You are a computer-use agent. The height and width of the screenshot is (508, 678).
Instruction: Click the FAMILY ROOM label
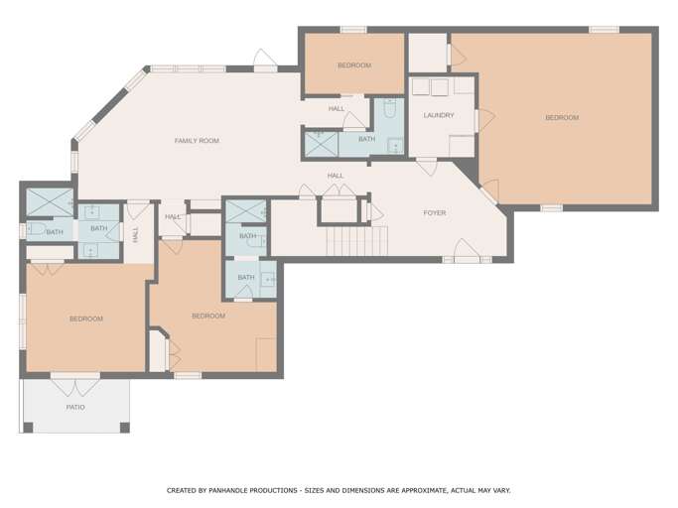click(x=197, y=141)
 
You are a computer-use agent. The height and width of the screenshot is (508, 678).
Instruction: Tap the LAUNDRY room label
click(x=439, y=115)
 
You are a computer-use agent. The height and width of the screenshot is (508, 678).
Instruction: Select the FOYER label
click(x=435, y=212)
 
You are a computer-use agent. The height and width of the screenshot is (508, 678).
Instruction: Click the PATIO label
click(x=75, y=407)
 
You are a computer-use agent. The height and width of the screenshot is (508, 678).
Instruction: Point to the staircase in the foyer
click(x=356, y=241)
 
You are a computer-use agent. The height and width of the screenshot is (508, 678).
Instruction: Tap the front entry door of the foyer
click(x=467, y=251)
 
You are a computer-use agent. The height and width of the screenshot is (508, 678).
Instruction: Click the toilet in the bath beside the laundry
click(x=389, y=108)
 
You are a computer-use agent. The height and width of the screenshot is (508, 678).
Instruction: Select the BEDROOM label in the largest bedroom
click(x=562, y=118)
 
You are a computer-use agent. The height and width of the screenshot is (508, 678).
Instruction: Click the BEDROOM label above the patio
click(x=86, y=319)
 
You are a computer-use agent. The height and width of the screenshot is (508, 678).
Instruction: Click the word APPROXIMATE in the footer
click(x=424, y=490)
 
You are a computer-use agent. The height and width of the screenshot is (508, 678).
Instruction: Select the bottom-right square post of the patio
click(x=124, y=428)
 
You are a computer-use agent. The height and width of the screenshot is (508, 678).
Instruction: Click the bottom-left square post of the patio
click(x=28, y=428)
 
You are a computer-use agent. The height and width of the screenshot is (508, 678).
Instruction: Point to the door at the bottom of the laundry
click(x=427, y=167)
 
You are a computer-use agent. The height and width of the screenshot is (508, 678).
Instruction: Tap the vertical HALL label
click(x=136, y=235)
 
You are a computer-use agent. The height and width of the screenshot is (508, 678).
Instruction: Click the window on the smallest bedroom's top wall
click(x=353, y=30)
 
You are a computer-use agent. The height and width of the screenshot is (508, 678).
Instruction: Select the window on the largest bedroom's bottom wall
click(x=552, y=208)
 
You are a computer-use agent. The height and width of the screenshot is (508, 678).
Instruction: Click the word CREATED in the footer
click(x=182, y=490)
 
